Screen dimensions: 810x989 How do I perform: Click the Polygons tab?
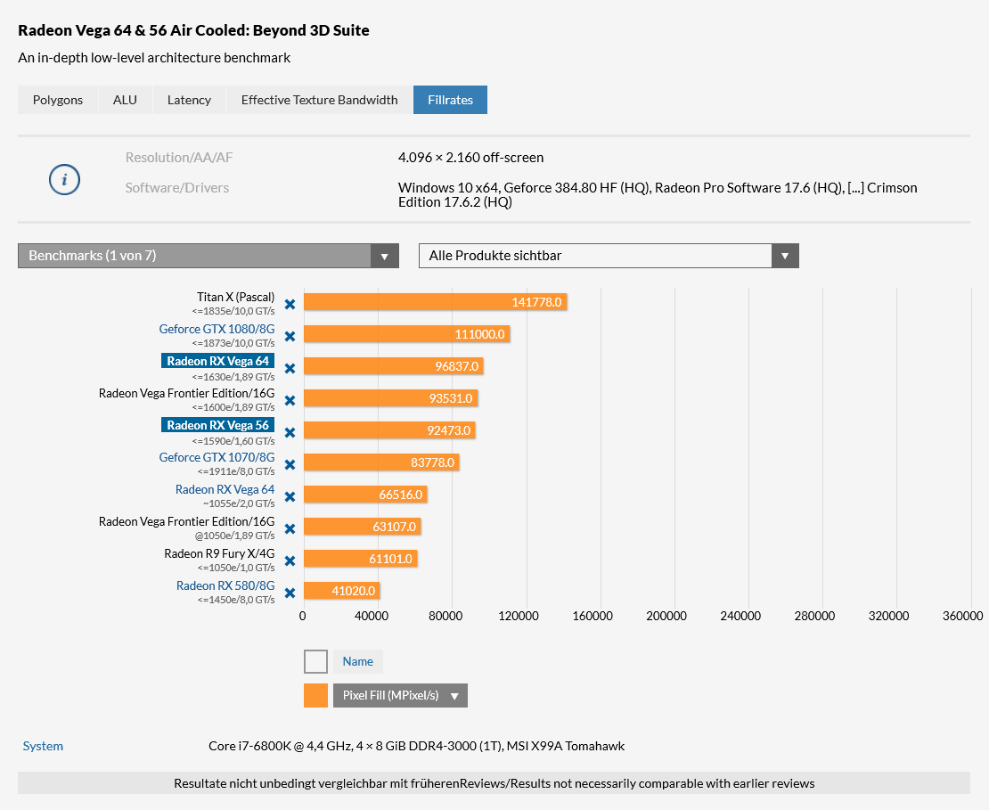tap(58, 100)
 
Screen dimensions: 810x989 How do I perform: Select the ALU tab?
tap(125, 100)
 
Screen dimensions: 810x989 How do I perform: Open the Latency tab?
tap(189, 100)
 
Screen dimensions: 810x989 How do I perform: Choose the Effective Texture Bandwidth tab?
tap(319, 100)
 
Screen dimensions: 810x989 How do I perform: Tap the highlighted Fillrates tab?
tap(450, 100)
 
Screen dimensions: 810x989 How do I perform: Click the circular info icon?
tap(64, 180)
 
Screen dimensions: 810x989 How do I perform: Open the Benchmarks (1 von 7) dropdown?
tap(208, 256)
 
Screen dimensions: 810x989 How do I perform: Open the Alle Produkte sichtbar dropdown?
tap(609, 256)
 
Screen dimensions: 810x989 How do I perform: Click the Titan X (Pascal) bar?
tap(435, 302)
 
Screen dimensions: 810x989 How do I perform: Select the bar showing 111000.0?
tap(406, 334)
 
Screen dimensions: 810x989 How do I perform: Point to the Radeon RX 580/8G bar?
tap(341, 591)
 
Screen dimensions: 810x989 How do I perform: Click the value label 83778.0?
tap(432, 462)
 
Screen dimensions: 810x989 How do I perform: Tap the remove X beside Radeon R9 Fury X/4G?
tap(290, 561)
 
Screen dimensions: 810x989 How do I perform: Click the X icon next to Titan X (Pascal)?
tap(290, 305)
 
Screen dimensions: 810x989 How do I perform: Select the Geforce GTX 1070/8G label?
tap(217, 457)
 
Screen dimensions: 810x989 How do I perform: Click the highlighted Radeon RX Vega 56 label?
tap(217, 425)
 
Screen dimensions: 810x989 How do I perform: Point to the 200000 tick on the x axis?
tap(666, 616)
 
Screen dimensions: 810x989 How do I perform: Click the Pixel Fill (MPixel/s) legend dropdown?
tap(400, 695)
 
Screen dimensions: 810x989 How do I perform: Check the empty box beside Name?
tap(315, 661)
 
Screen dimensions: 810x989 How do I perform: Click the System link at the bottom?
tap(43, 746)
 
